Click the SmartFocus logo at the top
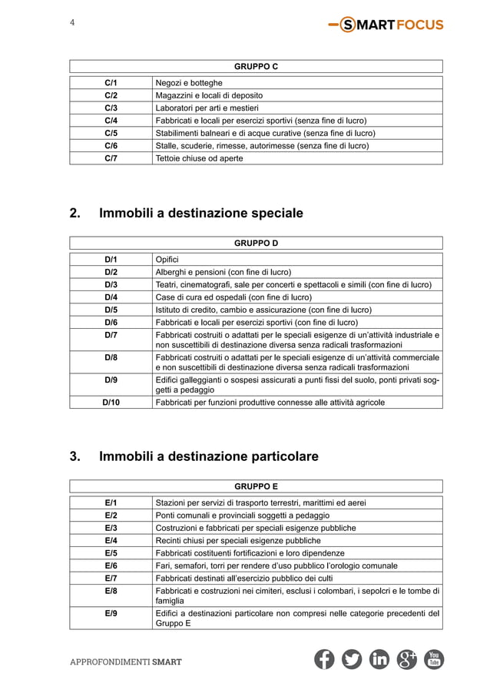[x=385, y=25]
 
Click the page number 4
[x=72, y=22]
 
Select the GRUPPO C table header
[x=256, y=67]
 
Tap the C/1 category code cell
[x=111, y=83]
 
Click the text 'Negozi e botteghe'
[x=189, y=83]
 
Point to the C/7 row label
[x=111, y=158]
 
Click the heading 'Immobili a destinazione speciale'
[x=201, y=213]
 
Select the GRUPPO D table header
[x=256, y=244]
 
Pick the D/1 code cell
[x=111, y=260]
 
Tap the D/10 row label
[x=111, y=402]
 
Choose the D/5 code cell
[x=111, y=310]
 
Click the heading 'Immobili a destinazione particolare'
[x=208, y=457]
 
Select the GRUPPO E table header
[x=256, y=486]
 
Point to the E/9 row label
[x=111, y=613]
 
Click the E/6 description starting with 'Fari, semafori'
[x=276, y=565]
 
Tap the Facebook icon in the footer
[x=324, y=660]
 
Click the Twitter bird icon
[x=352, y=660]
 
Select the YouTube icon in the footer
[x=434, y=660]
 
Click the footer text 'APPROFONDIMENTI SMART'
[x=126, y=661]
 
